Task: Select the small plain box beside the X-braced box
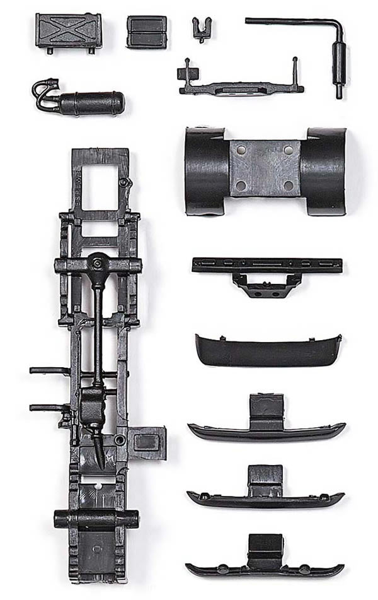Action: (147, 31)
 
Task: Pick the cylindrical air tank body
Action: (92, 102)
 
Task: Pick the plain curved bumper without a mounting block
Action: (268, 351)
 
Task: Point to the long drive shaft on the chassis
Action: (98, 334)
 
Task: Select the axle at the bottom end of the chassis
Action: (96, 519)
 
